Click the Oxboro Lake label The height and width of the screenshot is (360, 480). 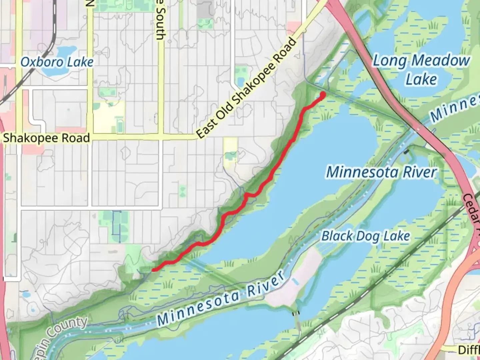pos(57,62)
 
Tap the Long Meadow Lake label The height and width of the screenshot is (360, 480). pos(421,70)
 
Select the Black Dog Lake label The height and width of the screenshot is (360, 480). pos(365,236)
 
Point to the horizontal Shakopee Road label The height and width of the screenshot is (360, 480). pos(46,138)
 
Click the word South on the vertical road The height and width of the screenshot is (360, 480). pos(160,27)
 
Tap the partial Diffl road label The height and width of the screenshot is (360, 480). pos(469,350)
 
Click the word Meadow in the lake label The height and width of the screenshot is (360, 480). pos(440,61)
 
